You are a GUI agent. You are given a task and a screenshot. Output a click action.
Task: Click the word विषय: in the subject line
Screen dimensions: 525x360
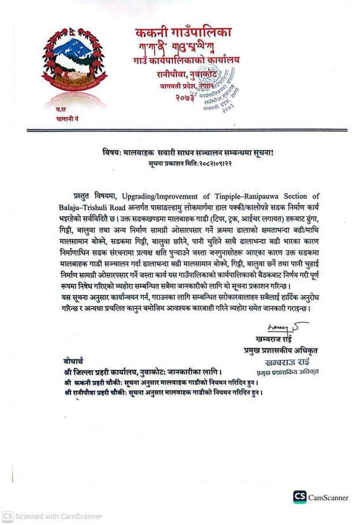(x=108, y=152)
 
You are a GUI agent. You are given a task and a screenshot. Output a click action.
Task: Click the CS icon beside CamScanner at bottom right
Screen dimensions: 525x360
(x=299, y=497)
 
